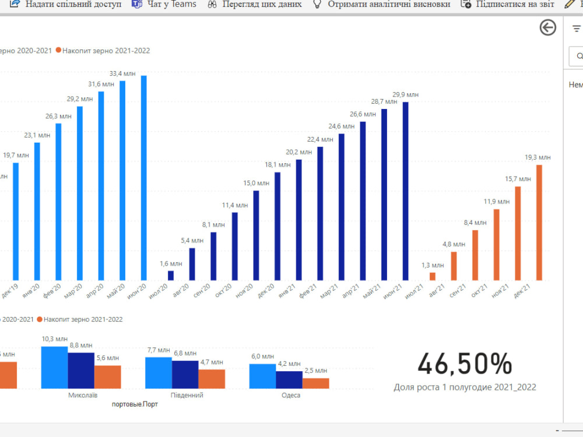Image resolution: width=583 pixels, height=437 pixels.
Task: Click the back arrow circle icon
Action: pos(548,27)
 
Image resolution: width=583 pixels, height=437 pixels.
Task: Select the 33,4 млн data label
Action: pos(123,73)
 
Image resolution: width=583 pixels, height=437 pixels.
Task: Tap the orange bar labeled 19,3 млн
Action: pos(539,223)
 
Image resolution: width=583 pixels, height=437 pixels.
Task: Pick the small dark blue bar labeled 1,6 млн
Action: pos(171,276)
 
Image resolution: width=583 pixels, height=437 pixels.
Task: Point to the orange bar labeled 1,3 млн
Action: pos(433,276)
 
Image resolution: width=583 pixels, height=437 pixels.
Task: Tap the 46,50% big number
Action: pos(465,364)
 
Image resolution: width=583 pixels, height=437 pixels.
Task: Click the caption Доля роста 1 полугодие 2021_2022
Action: pos(465,387)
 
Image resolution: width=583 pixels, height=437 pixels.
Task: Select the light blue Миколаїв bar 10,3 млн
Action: pos(54,367)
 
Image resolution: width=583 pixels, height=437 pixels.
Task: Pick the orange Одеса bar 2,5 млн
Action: pos(315,383)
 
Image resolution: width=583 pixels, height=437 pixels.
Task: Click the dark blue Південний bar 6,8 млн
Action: pos(185,375)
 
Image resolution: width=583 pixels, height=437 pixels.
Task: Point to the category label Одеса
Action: pos(290,396)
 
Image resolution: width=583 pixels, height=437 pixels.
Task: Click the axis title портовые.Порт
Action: pos(135,404)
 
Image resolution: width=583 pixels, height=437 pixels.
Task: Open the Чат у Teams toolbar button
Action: pos(164,4)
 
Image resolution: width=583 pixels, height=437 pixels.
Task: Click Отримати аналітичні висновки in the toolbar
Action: pos(382,4)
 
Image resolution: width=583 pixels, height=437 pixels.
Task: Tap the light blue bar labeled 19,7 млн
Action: pos(16,221)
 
